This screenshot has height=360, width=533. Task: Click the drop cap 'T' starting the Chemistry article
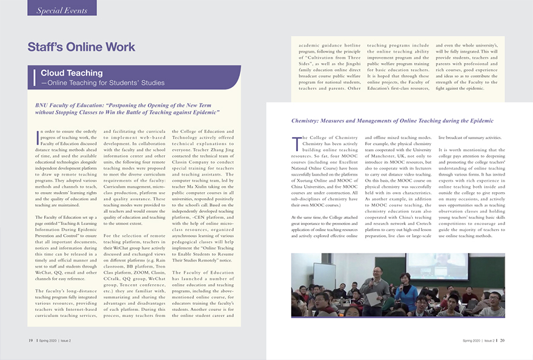pyautogui.click(x=295, y=141)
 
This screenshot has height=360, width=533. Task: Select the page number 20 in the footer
pyautogui.click(x=502, y=340)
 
